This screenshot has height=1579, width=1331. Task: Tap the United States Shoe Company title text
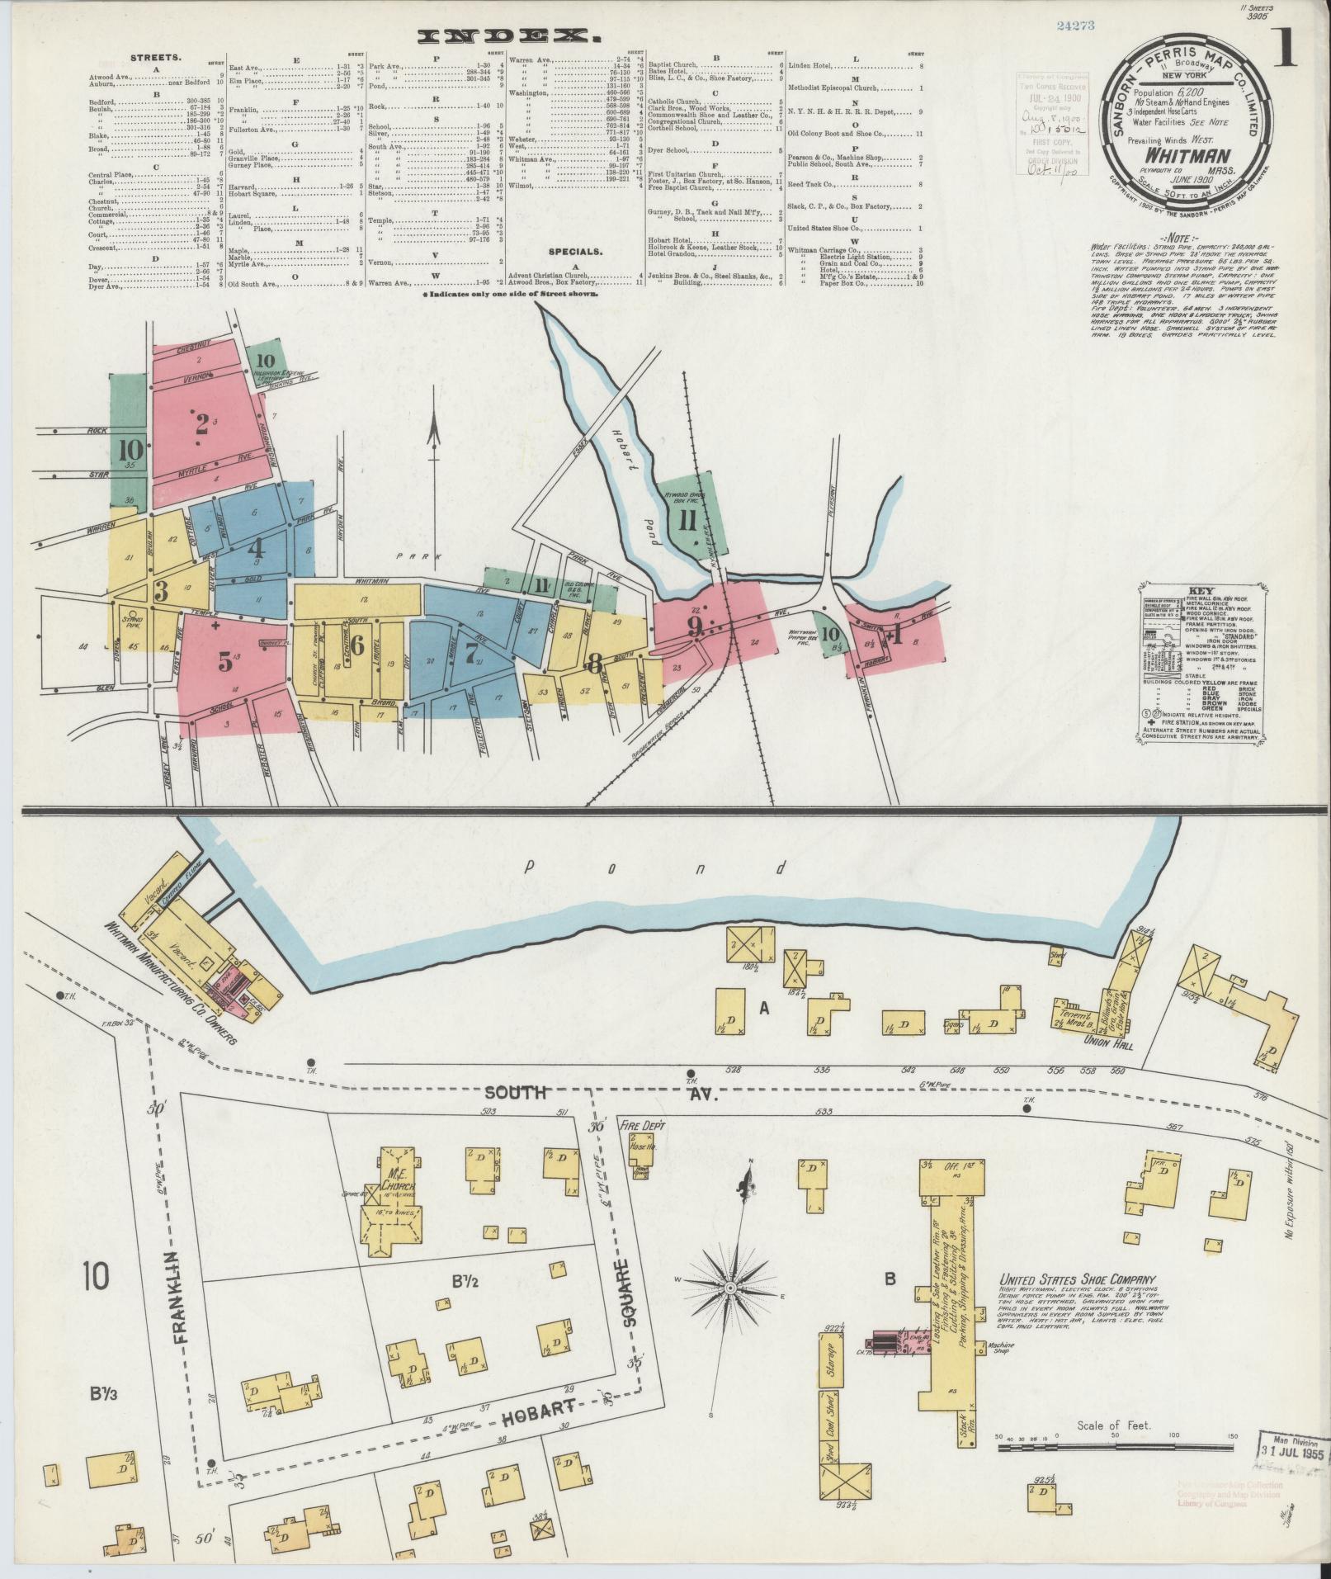point(1071,1303)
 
